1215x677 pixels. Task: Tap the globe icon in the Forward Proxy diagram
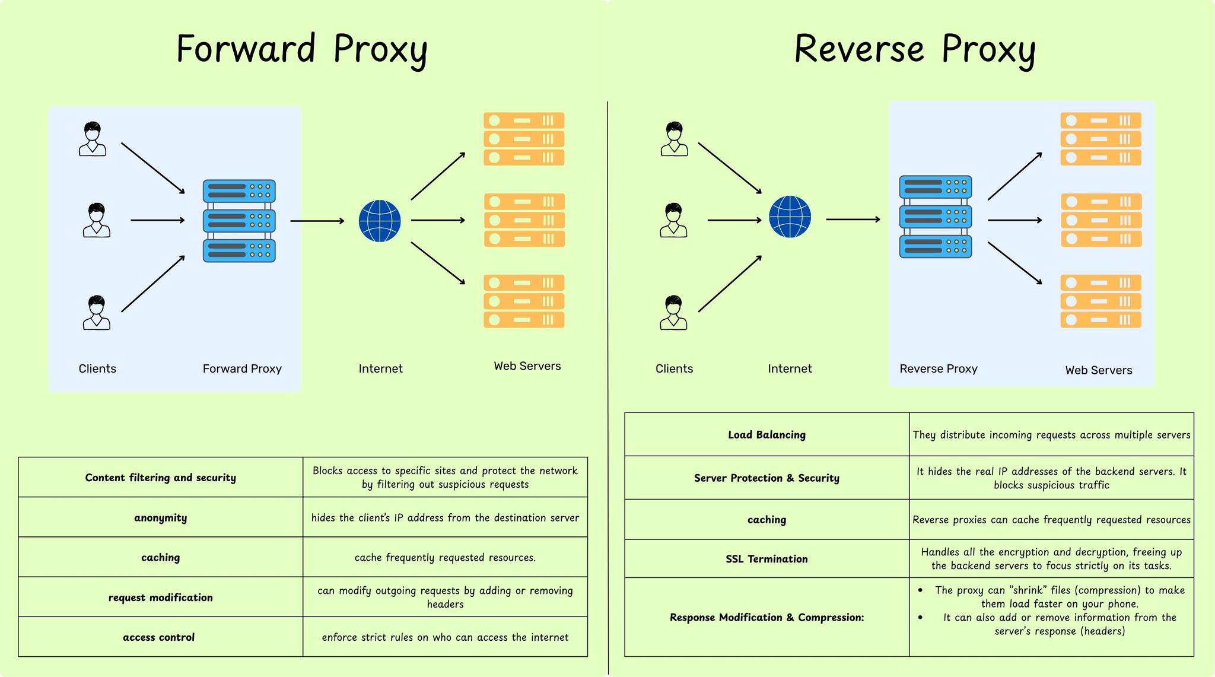pos(380,221)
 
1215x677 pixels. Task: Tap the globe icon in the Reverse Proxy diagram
pos(790,217)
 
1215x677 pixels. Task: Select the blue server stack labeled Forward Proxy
pos(239,221)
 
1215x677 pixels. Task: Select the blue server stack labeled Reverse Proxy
pos(936,217)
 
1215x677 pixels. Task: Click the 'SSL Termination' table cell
pos(766,559)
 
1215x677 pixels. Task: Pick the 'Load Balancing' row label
pos(766,435)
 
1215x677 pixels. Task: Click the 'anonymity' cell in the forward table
pos(160,518)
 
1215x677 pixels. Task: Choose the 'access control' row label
pos(159,637)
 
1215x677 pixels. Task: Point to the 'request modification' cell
pos(160,597)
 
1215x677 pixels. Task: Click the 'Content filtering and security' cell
pos(160,478)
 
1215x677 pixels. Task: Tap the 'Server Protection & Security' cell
pos(766,478)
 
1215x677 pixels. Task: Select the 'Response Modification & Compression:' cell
pos(766,618)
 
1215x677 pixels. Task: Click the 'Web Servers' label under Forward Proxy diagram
pos(527,366)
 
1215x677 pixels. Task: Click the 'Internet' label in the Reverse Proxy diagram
pos(790,368)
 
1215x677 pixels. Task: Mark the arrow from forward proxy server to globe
pos(317,221)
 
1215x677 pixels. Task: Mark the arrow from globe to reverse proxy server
pos(853,220)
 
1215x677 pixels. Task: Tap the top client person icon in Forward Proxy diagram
pos(93,139)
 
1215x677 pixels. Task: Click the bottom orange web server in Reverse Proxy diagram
pos(1101,301)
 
